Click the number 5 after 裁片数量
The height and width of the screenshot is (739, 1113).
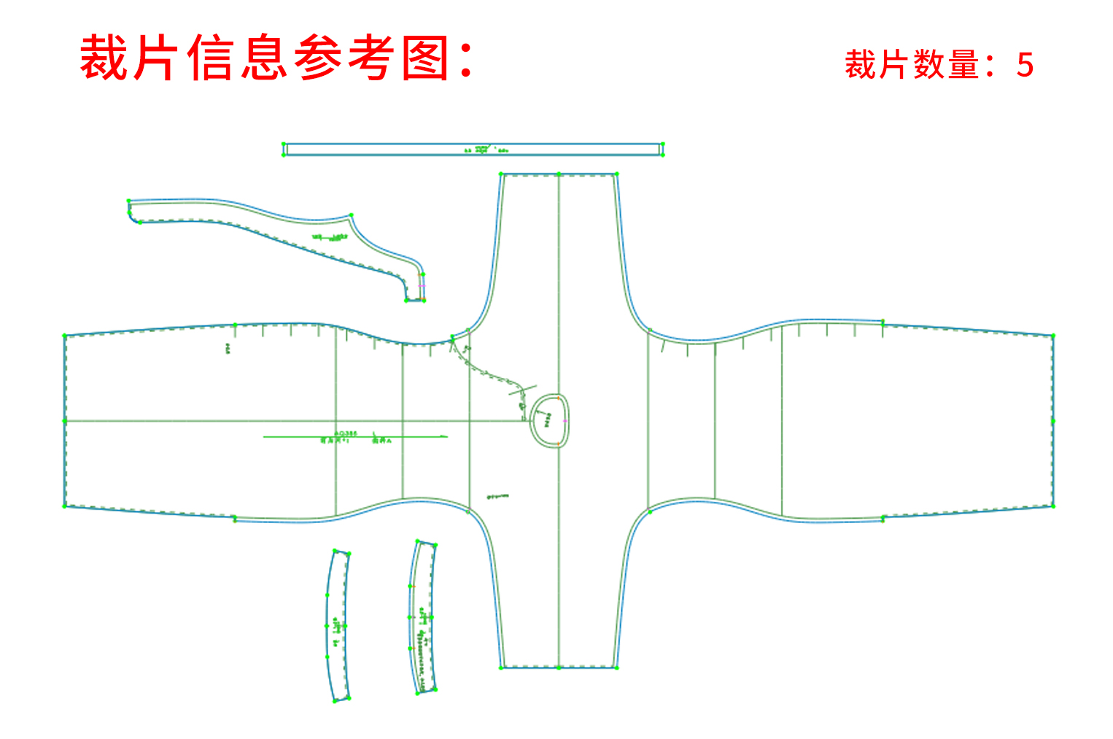click(1025, 66)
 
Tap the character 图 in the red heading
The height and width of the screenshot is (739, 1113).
click(425, 58)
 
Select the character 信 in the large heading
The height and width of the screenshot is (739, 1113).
click(212, 58)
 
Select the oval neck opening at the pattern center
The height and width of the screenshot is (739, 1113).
click(549, 420)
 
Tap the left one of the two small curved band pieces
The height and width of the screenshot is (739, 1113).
click(337, 626)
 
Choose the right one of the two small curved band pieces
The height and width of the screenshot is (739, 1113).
click(423, 617)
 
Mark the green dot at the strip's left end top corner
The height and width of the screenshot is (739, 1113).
click(284, 144)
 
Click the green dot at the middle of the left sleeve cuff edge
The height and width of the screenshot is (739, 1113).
click(65, 421)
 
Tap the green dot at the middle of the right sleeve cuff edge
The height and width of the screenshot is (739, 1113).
click(1053, 421)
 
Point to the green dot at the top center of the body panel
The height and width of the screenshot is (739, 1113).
click(559, 174)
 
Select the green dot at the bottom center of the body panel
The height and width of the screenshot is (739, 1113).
click(559, 668)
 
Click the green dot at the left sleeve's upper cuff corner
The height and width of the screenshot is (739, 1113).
click(65, 336)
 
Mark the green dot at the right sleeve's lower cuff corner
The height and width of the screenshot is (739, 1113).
click(1053, 506)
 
